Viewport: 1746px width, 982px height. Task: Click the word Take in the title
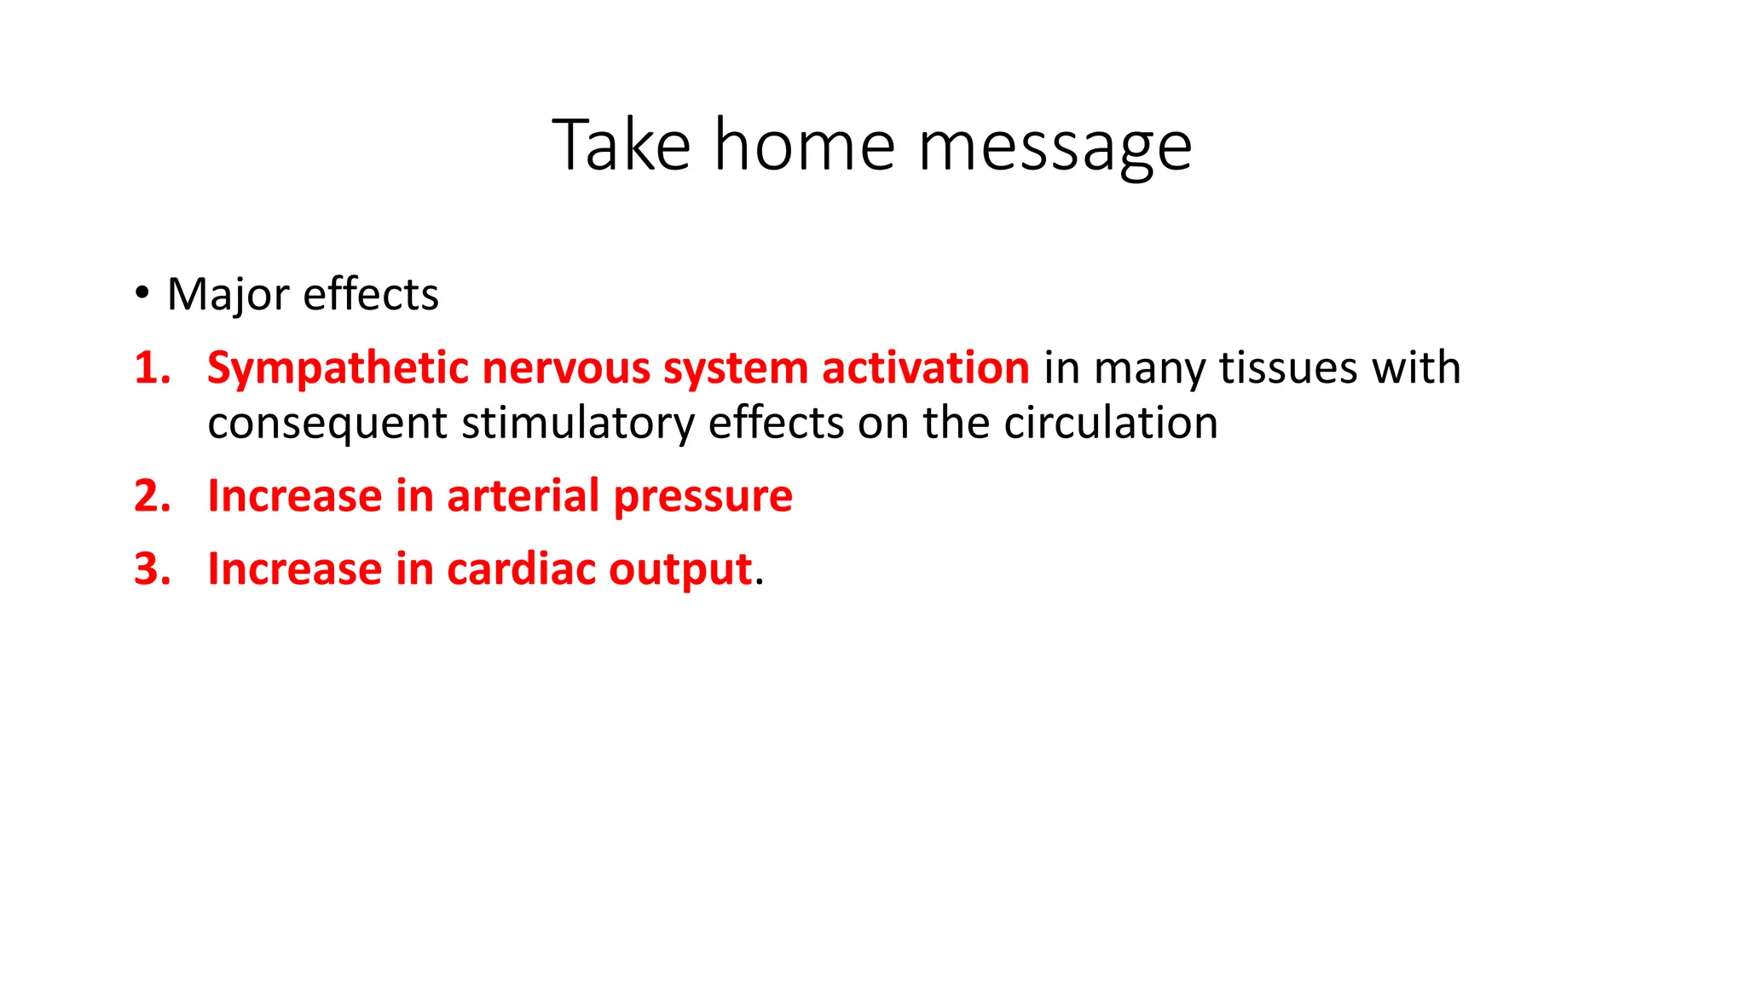(621, 147)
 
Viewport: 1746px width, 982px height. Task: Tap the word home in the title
(804, 147)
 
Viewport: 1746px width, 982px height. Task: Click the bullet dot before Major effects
(142, 292)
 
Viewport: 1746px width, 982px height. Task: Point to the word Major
(228, 296)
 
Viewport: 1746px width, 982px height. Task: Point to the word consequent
(327, 424)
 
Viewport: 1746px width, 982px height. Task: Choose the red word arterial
(523, 496)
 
